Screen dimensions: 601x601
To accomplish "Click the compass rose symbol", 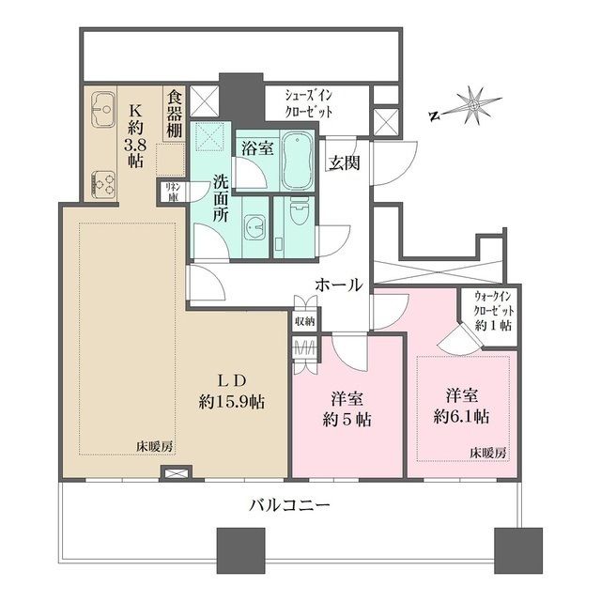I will (471, 101).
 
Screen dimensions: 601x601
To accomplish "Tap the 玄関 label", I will (343, 161).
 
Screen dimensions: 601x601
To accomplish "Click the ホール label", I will (338, 285).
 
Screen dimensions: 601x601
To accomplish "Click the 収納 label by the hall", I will (304, 322).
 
